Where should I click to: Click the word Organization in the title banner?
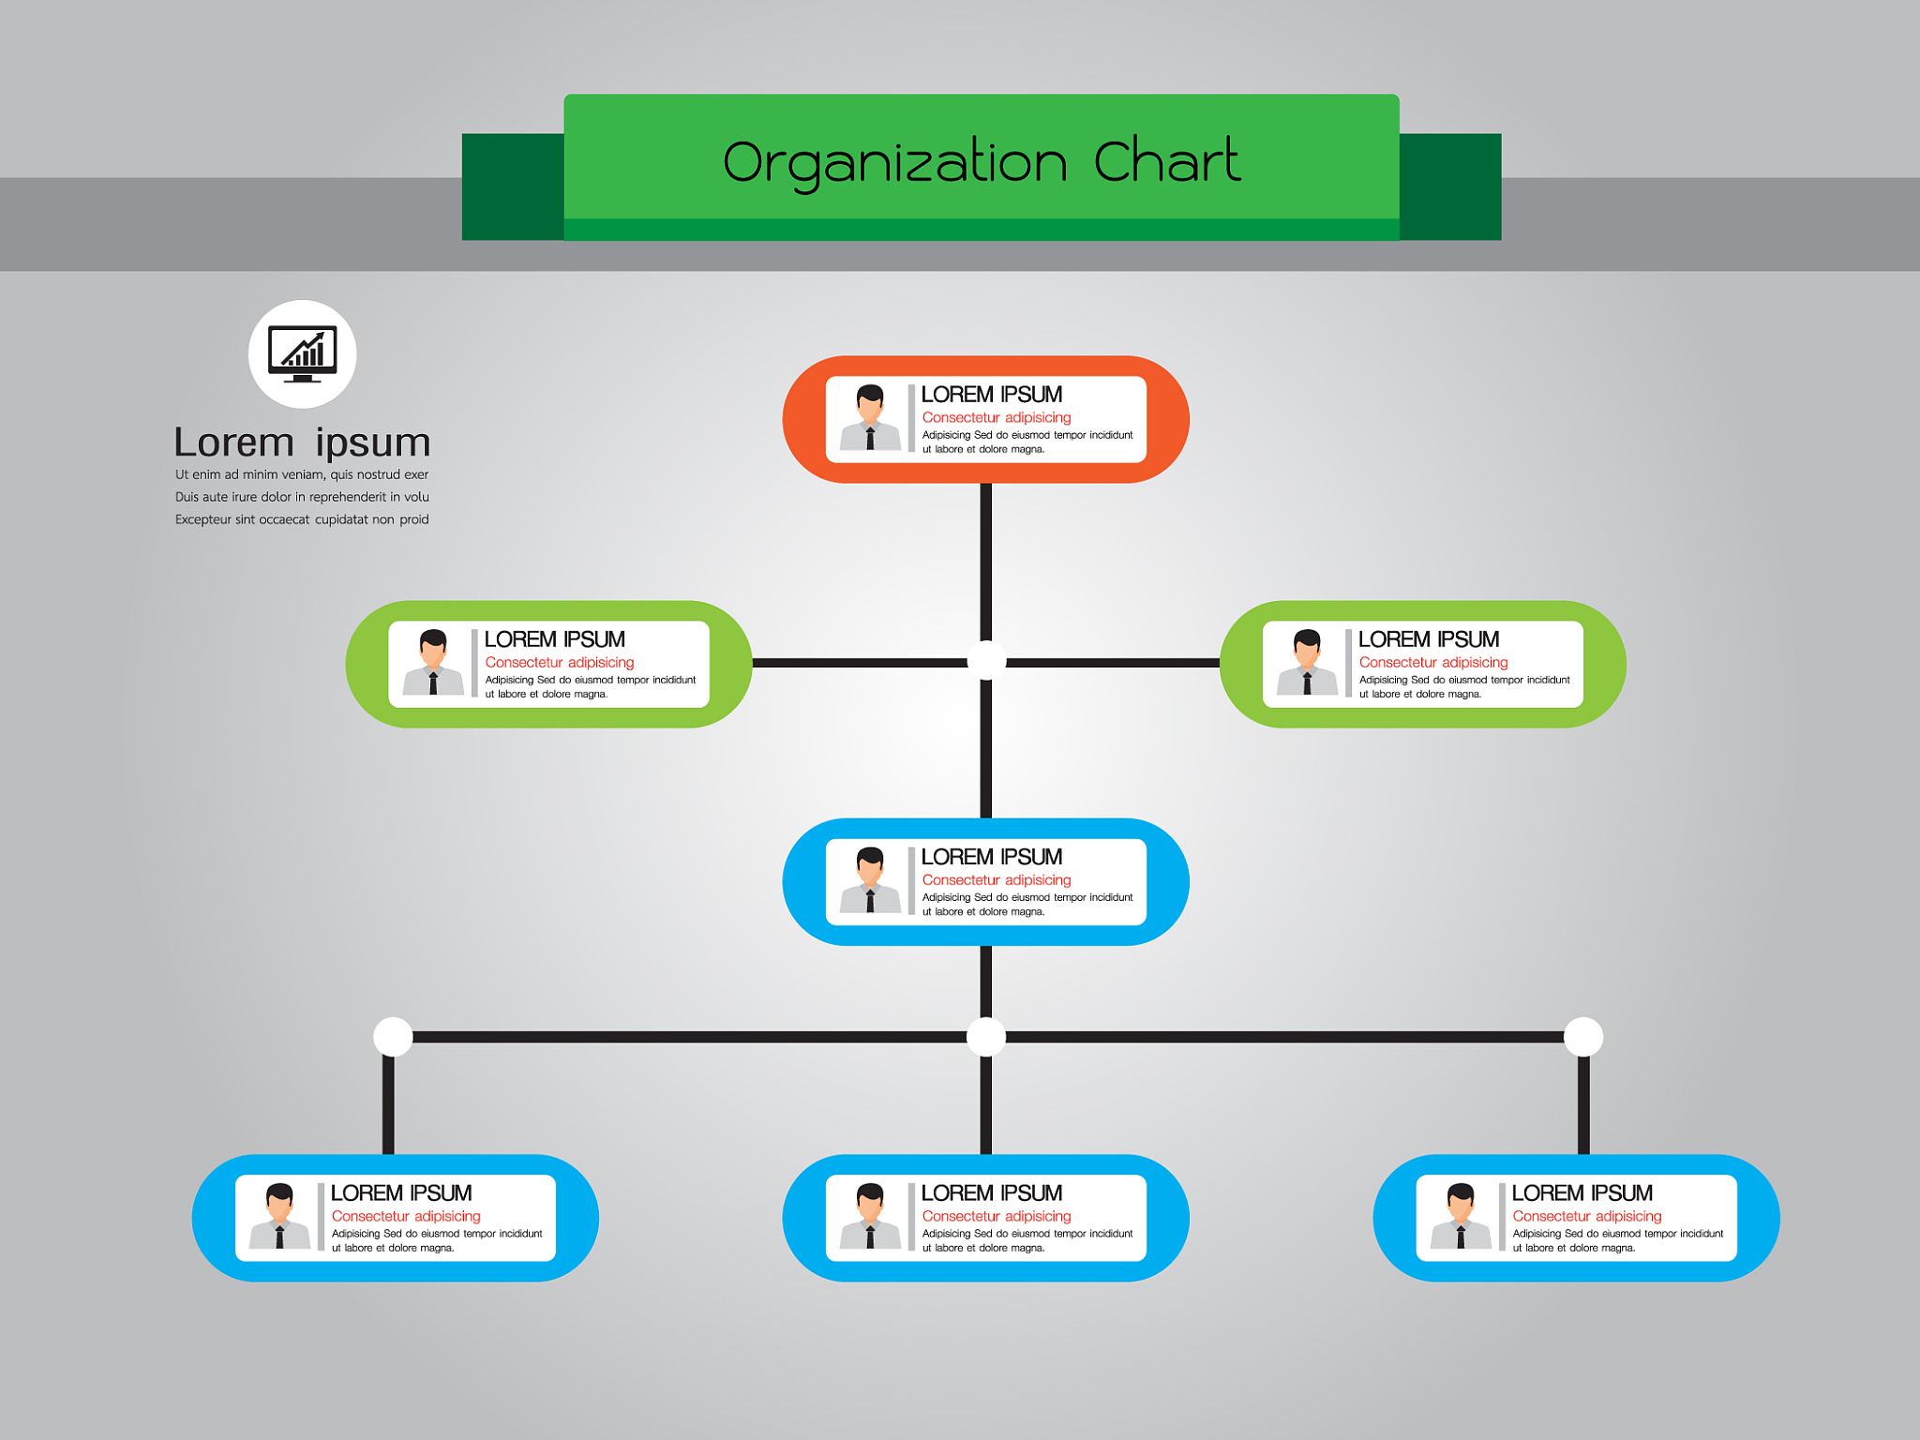pos(894,163)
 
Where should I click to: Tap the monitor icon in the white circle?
pos(302,353)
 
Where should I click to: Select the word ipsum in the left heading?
pos(372,442)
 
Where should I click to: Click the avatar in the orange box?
pos(870,418)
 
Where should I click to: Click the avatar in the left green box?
pos(433,663)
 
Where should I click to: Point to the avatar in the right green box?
pos(1307,663)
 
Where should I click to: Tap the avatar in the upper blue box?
pos(870,880)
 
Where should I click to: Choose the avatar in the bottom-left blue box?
pos(279,1217)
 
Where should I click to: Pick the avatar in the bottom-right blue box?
pos(1461,1217)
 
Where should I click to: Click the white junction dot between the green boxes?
pos(986,661)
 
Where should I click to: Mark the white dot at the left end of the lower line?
pos(393,1037)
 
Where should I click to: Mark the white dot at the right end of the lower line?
pos(1583,1037)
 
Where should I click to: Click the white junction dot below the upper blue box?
pos(986,1037)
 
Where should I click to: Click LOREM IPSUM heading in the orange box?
pos(992,395)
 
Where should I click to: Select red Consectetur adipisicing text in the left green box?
pos(560,663)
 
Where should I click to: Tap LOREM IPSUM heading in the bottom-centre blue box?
pos(992,1193)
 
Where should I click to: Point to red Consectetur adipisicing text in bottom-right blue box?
pos(1587,1217)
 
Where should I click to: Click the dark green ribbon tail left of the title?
pos(512,187)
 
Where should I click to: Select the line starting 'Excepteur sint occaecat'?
pos(302,519)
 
